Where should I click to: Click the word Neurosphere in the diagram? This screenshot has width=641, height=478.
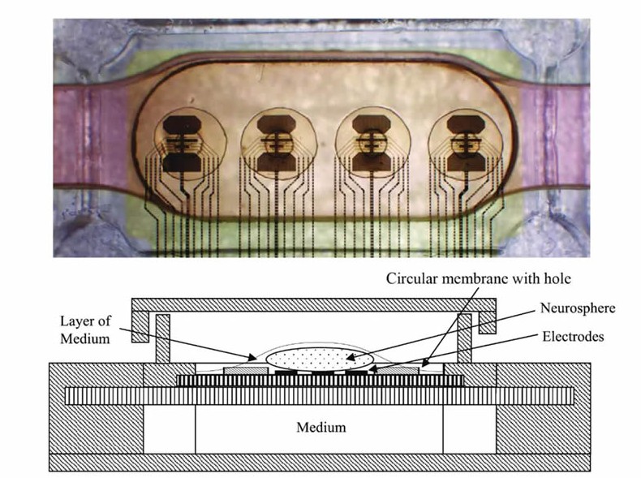click(x=578, y=308)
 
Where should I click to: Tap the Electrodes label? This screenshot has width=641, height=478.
click(x=573, y=337)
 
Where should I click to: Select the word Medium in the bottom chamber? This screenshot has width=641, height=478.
click(x=321, y=428)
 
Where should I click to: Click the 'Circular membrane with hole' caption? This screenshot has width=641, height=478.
click(x=479, y=279)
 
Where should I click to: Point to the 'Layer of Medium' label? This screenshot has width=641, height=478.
click(x=85, y=329)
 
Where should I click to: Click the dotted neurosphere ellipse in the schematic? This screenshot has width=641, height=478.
click(x=320, y=359)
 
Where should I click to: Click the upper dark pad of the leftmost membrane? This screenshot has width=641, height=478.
click(x=182, y=124)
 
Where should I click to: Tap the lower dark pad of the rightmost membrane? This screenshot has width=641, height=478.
click(x=466, y=162)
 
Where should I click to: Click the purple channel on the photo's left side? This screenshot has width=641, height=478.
click(x=91, y=135)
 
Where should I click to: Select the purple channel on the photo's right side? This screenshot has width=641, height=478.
click(x=555, y=135)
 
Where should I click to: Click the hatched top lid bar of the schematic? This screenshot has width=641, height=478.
click(x=313, y=305)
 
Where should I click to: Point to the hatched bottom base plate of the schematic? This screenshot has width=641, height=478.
click(x=319, y=462)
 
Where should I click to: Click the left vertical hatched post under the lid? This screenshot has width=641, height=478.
click(x=163, y=338)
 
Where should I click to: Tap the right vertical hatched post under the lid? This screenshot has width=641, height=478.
click(x=464, y=338)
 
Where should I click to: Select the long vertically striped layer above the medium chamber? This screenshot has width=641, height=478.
click(x=319, y=396)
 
